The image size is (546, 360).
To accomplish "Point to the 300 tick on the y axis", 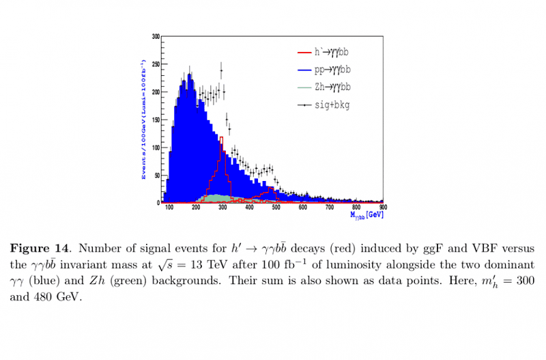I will click(x=156, y=36).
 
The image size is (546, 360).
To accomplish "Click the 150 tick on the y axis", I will click(x=156, y=119).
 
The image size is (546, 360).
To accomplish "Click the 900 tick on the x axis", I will click(x=383, y=208).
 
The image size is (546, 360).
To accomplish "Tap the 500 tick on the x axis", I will click(x=276, y=208).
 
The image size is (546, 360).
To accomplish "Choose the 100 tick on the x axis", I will click(x=169, y=208).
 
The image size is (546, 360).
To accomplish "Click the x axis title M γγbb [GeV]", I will click(x=367, y=215).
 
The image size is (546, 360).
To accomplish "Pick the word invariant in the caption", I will click(x=106, y=263).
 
